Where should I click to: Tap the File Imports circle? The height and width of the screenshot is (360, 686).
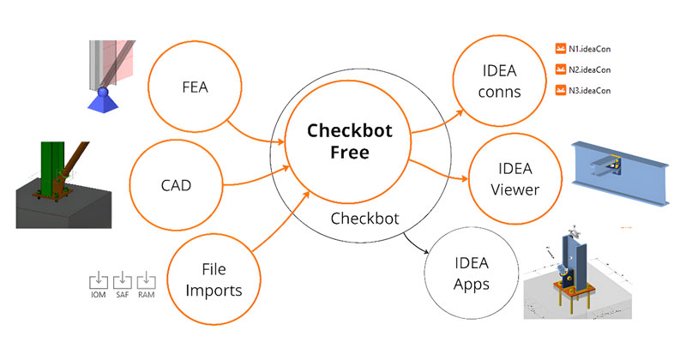pyautogui.click(x=214, y=279)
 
